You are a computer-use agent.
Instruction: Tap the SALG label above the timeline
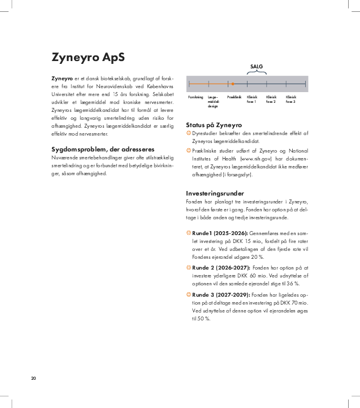coord(257,66)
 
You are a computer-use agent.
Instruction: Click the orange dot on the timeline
coord(233,84)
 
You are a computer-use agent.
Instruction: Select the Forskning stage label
coord(196,97)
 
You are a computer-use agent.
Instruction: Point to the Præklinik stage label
coord(234,97)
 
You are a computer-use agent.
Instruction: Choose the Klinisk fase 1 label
coord(252,99)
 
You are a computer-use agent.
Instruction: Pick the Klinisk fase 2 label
coord(271,99)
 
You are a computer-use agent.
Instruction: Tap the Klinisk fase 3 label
coord(290,99)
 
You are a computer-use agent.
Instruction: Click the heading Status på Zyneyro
coord(214,125)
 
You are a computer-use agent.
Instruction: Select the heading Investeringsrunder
coord(215,193)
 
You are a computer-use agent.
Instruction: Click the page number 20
coord(34,377)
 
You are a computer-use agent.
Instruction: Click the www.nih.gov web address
coord(254,158)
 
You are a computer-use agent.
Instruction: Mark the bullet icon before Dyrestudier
coord(189,133)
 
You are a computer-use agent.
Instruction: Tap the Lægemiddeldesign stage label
coord(214,102)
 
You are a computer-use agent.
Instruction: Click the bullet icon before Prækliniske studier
coord(189,150)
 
